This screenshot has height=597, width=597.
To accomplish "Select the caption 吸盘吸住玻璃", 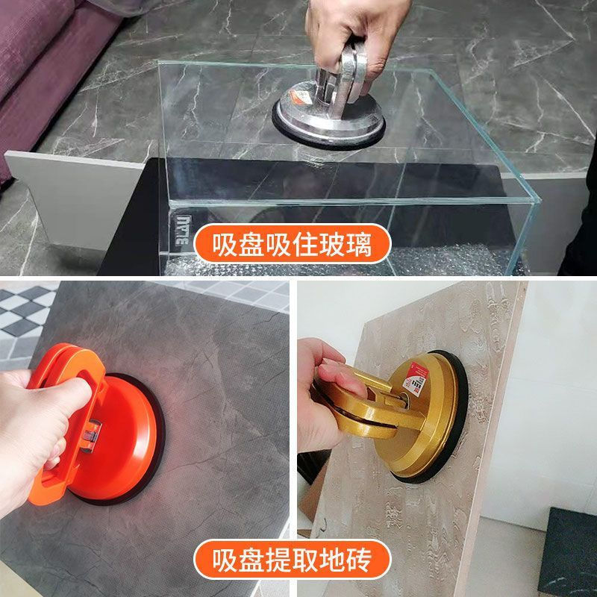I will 293,244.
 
